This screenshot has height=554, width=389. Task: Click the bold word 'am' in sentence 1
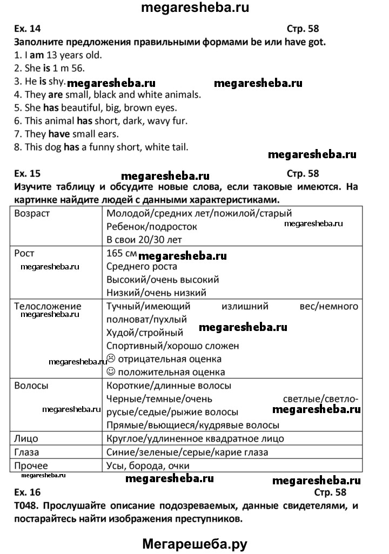[x=21, y=55]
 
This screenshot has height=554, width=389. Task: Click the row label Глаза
[x=26, y=452]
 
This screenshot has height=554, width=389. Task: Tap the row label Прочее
[x=31, y=465]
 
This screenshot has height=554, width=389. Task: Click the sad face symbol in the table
[x=111, y=359]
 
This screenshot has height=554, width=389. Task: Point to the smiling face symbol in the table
[x=111, y=372]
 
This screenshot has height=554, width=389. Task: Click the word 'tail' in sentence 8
[x=179, y=147]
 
